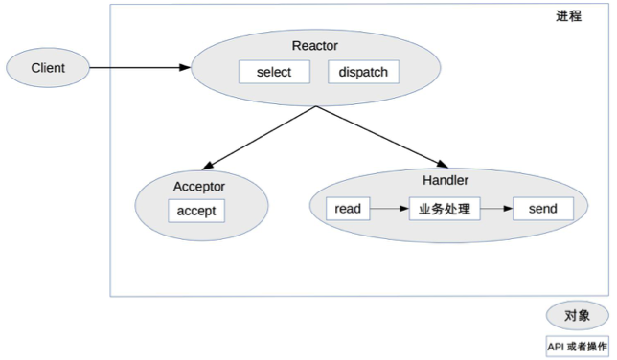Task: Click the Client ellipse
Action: coord(48,67)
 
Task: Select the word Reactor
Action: coord(314,46)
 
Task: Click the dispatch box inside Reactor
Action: coord(363,72)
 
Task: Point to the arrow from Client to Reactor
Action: coord(139,67)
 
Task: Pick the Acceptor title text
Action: coord(198,185)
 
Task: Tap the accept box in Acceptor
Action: coord(196,211)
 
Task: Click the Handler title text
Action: coord(446,179)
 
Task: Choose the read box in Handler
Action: coord(348,208)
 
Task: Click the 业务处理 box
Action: coord(445,208)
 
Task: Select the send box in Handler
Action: coord(542,208)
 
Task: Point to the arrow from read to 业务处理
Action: coord(389,208)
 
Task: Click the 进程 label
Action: coord(568,16)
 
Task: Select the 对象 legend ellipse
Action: coord(576,314)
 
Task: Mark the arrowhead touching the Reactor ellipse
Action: coord(185,67)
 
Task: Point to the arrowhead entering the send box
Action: coord(508,208)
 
